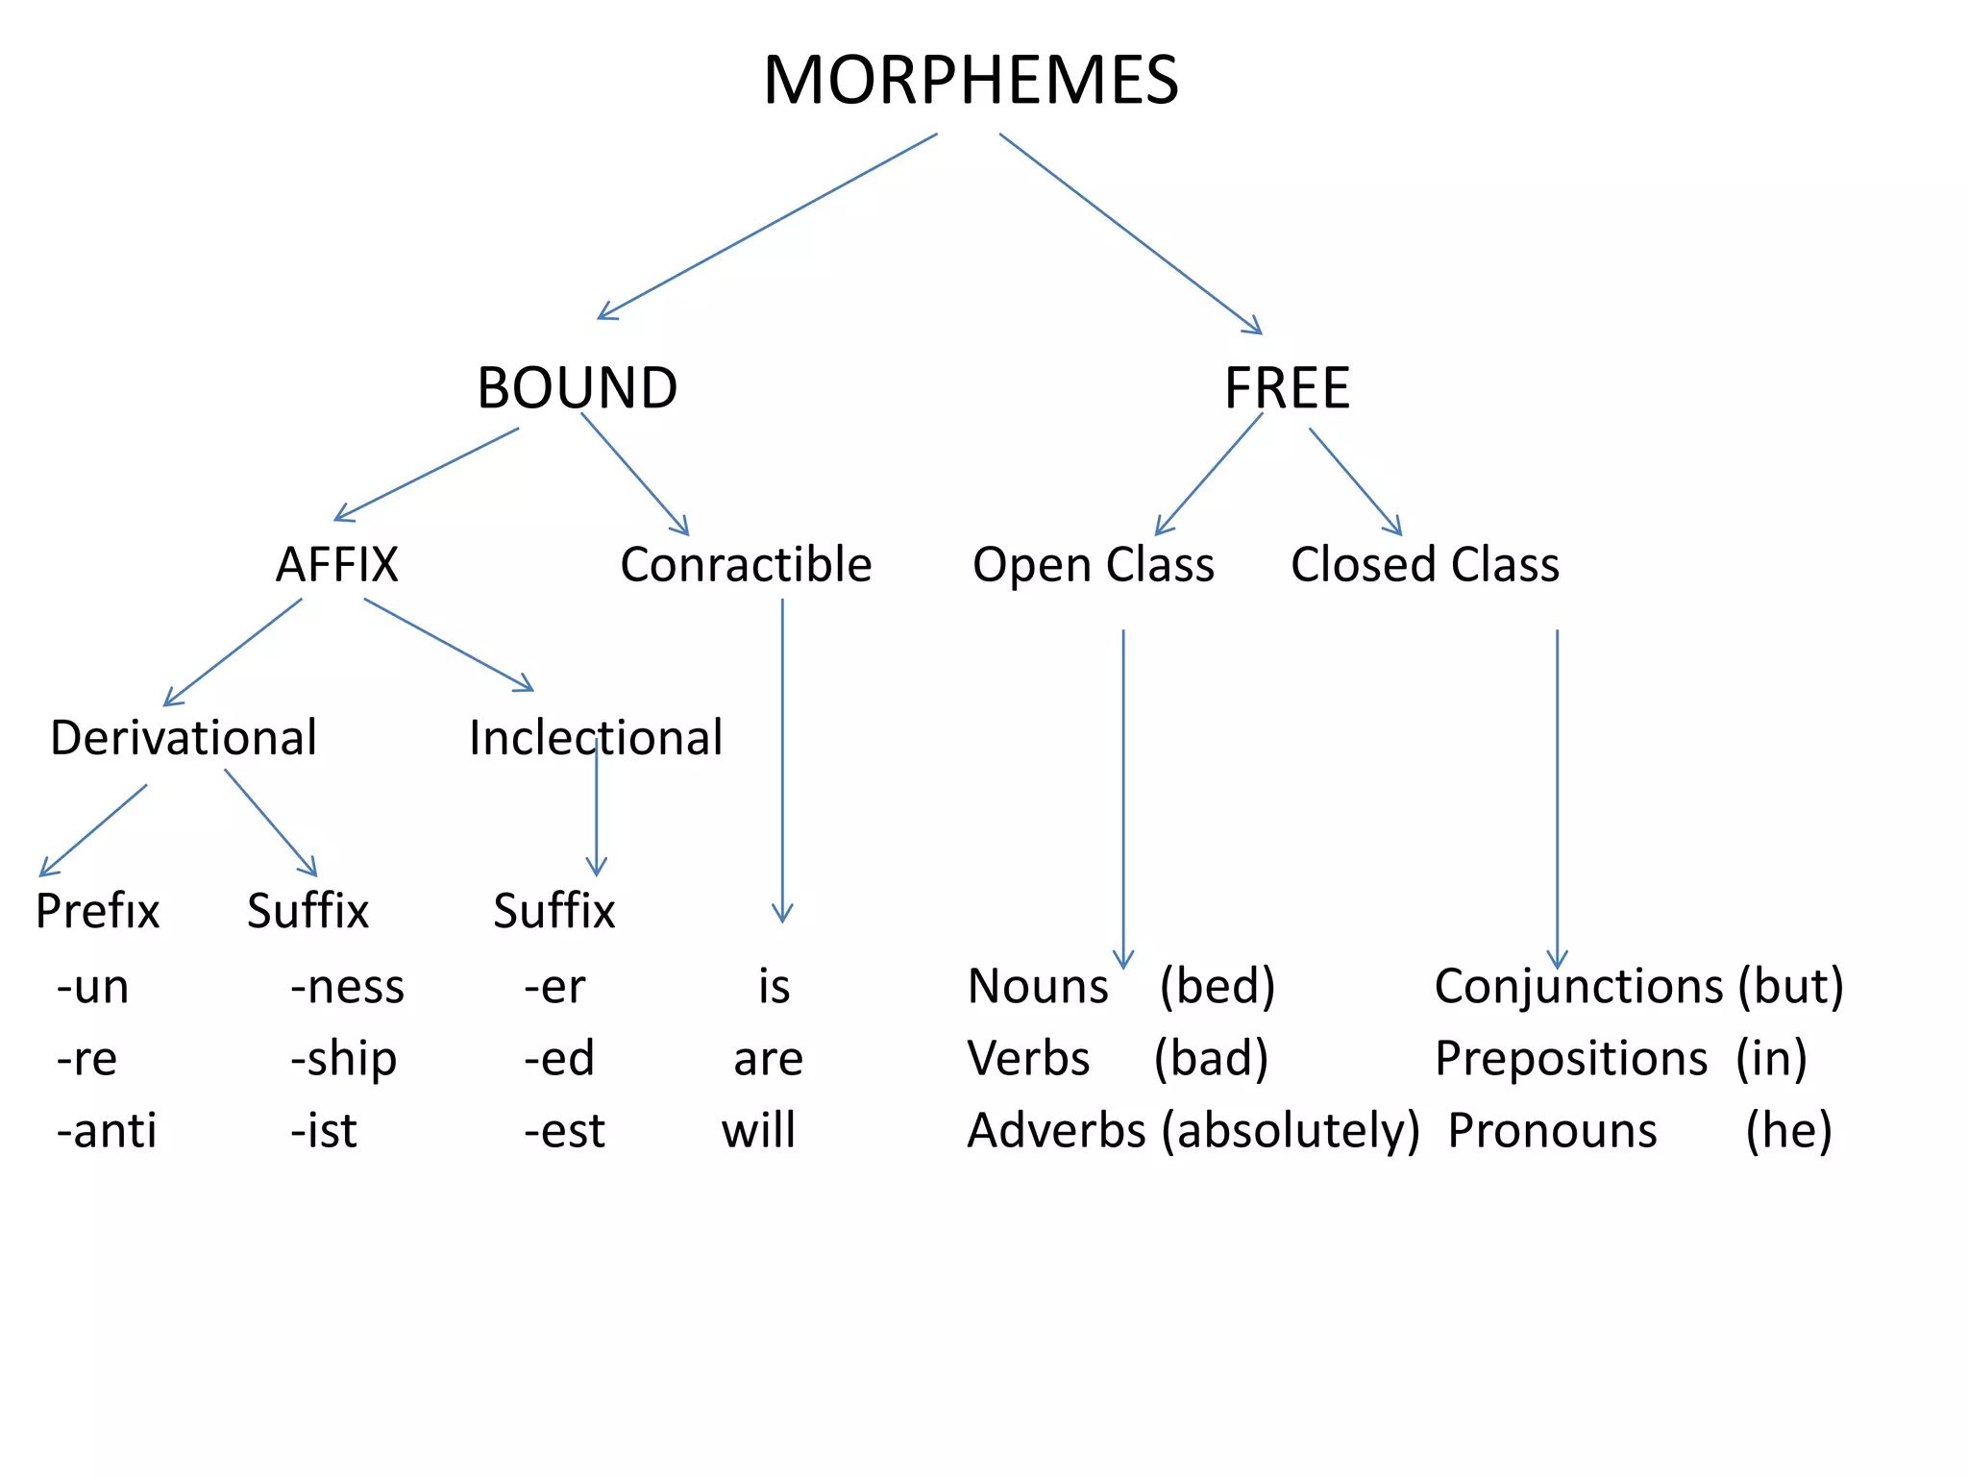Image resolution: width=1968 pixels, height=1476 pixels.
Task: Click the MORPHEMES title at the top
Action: point(971,80)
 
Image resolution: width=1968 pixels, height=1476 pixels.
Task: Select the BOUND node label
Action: point(577,388)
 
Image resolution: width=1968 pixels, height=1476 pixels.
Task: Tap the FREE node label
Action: point(1287,388)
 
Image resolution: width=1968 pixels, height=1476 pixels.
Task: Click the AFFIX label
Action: point(336,564)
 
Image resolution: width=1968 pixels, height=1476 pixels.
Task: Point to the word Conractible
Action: point(746,564)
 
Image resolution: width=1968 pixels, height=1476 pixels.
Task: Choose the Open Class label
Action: point(1093,564)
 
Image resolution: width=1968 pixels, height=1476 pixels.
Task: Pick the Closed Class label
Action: point(1424,564)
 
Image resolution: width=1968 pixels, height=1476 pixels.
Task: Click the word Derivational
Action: point(183,738)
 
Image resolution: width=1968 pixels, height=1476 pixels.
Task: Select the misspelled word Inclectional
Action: point(595,738)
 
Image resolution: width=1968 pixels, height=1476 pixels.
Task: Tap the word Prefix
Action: point(97,911)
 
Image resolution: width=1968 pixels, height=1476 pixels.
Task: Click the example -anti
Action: point(107,1130)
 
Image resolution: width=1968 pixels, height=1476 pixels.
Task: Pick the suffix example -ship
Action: point(343,1059)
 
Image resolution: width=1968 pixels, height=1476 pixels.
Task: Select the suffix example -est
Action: point(564,1130)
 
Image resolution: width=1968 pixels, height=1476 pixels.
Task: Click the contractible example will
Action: point(758,1130)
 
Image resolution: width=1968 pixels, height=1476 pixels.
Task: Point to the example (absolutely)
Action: point(1290,1131)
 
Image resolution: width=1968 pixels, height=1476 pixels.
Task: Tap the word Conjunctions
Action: point(1579,987)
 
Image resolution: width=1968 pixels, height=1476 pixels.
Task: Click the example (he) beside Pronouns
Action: point(1788,1130)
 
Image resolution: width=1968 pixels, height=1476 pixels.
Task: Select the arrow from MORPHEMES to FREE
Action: point(1129,233)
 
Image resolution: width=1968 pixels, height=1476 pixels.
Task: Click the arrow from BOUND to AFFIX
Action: point(428,474)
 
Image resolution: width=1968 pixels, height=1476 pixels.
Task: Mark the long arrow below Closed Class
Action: point(1557,798)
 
